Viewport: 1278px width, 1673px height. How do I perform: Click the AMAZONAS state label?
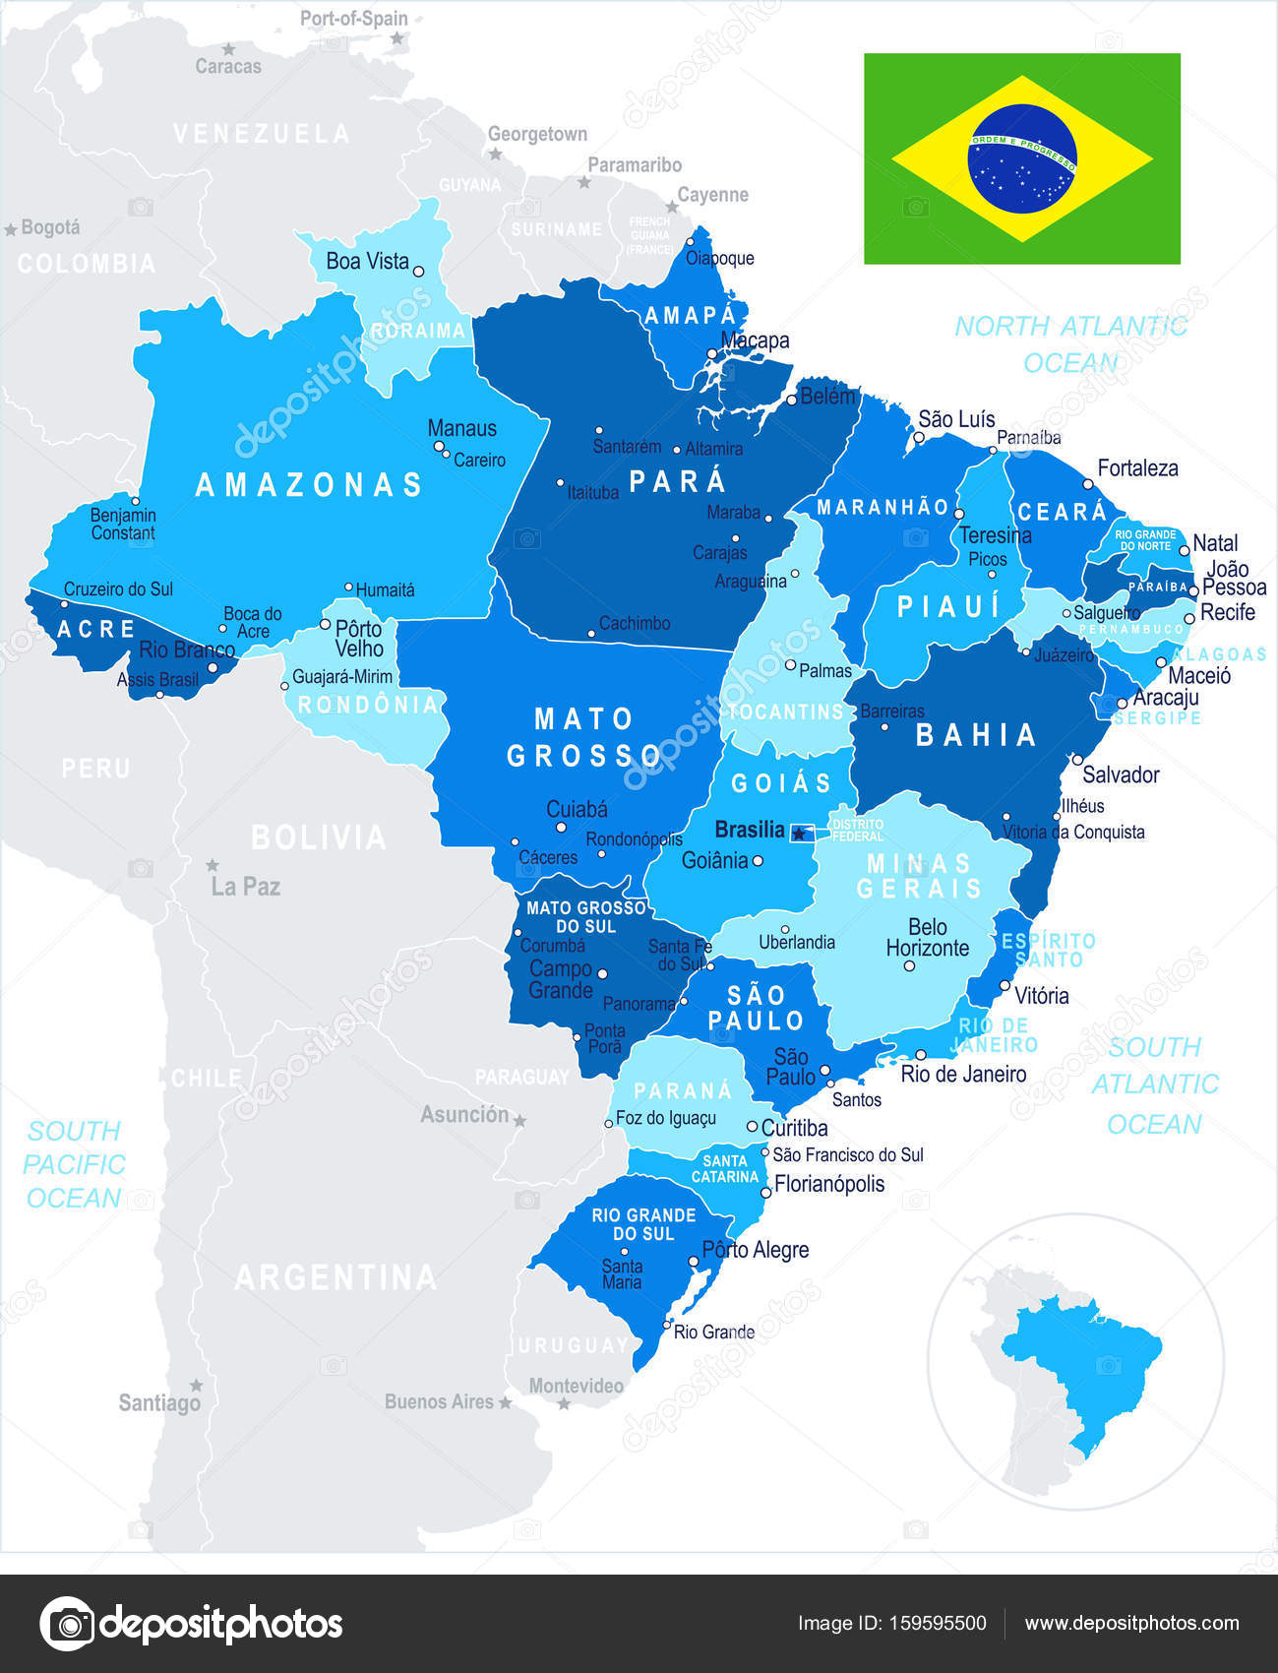pyautogui.click(x=309, y=484)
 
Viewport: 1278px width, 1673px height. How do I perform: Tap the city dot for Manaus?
pyautogui.click(x=439, y=446)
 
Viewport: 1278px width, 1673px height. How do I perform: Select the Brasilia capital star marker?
pyautogui.click(x=798, y=834)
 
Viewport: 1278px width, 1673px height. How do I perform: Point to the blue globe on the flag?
pyautogui.click(x=1022, y=158)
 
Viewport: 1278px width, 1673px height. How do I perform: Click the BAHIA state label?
pyautogui.click(x=976, y=734)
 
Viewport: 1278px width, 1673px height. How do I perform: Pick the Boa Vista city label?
pyautogui.click(x=367, y=261)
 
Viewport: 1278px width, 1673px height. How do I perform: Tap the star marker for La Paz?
pyautogui.click(x=213, y=866)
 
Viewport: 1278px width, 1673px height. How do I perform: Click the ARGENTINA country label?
pyautogui.click(x=335, y=1277)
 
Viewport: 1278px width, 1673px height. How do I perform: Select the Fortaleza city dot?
pyautogui.click(x=1088, y=484)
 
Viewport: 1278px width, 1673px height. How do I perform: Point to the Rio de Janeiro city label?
pyautogui.click(x=963, y=1074)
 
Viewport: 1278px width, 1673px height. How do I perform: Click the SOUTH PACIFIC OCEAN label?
pyautogui.click(x=74, y=1164)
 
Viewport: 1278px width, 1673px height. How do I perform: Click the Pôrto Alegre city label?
pyautogui.click(x=755, y=1250)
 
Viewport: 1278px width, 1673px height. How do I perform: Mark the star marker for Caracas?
pyautogui.click(x=229, y=48)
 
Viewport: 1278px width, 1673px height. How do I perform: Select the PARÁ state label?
pyautogui.click(x=677, y=481)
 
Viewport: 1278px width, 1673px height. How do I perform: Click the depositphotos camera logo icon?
pyautogui.click(x=68, y=1623)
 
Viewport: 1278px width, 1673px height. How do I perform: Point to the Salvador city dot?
pyautogui.click(x=1077, y=760)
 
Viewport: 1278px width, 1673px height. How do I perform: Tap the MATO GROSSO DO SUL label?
pyautogui.click(x=586, y=916)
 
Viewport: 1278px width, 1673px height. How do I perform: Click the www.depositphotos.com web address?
pyautogui.click(x=1131, y=1623)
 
